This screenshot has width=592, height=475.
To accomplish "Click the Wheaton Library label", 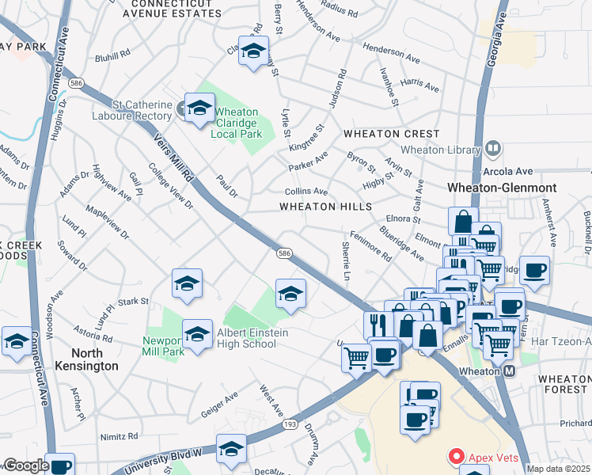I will [x=440, y=150].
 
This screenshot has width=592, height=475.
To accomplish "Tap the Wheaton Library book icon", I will [x=493, y=148].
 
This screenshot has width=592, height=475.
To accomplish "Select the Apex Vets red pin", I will [x=455, y=457].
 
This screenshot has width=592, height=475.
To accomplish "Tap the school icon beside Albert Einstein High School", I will [x=197, y=332].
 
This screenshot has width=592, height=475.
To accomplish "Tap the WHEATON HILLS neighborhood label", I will [x=325, y=207].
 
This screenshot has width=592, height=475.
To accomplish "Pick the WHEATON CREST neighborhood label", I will [x=380, y=135].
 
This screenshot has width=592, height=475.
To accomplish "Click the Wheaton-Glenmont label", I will [x=502, y=188].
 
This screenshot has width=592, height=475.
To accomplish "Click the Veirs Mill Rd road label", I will [x=173, y=156].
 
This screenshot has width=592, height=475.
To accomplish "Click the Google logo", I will [x=25, y=465].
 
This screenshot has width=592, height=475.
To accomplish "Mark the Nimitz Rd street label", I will [x=119, y=436].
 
